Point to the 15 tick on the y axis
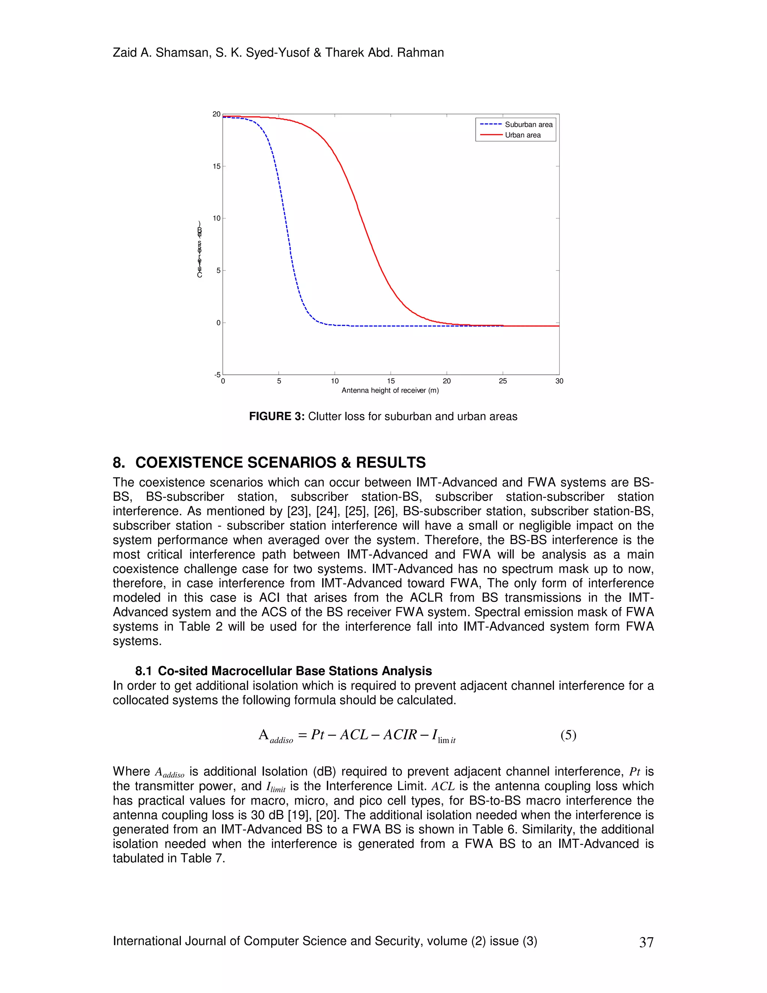pos(217,166)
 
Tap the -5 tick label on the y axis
pos(217,375)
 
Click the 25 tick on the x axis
pos(503,381)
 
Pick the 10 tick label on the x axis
pos(334,381)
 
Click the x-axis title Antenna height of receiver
pos(390,390)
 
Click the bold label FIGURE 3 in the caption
pos(276,416)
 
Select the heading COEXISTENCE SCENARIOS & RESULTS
pos(281,462)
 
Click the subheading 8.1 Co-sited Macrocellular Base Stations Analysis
pos(284,671)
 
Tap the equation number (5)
pos(568,735)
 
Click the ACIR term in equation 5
pos(400,735)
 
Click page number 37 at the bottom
pos(646,942)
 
